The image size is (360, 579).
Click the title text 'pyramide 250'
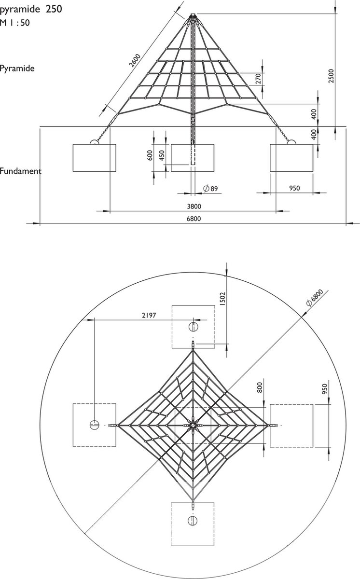[31, 9]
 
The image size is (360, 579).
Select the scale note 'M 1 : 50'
[15, 22]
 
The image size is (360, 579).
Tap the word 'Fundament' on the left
[20, 171]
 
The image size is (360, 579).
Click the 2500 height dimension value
[331, 76]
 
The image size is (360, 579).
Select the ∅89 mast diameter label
[210, 189]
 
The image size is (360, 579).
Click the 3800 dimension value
[194, 207]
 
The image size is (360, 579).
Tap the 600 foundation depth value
[150, 155]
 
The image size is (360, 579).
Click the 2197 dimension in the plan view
[149, 315]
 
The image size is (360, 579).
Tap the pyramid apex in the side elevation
[193, 15]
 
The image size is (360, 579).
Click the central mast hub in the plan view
[193, 425]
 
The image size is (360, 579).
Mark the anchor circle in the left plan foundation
[94, 425]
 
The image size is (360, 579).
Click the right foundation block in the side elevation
[291, 158]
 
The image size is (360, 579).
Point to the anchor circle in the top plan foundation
[193, 326]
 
